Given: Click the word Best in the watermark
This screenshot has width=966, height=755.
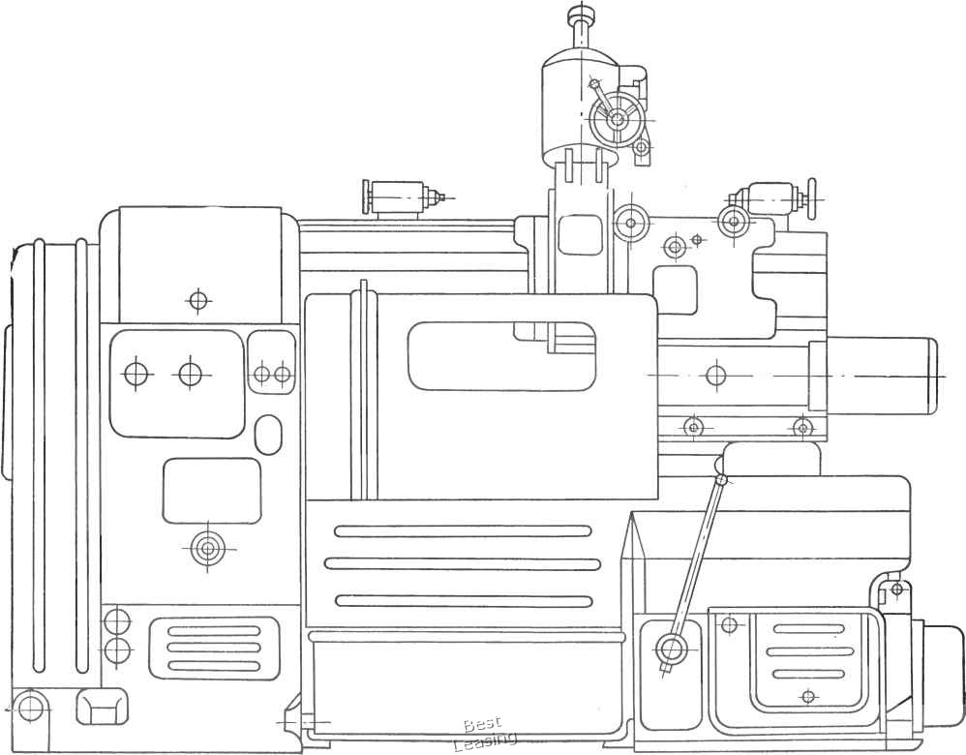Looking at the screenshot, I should click(481, 725).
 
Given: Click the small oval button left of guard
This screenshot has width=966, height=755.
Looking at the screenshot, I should click(268, 435).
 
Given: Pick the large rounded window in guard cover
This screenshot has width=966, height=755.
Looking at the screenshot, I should click(500, 356).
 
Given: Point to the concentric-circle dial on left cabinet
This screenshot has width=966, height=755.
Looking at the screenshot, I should click(207, 549).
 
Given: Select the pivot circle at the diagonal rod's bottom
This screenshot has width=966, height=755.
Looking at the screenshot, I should click(670, 648).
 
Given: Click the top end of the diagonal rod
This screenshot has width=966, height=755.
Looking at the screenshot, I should click(720, 479).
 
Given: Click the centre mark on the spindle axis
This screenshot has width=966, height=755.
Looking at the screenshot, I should click(715, 375).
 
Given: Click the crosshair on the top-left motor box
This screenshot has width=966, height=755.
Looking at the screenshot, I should click(198, 300).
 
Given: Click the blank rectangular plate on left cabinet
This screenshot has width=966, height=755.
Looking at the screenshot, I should click(211, 491).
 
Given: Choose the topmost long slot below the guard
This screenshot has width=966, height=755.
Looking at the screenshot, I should click(462, 530).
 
